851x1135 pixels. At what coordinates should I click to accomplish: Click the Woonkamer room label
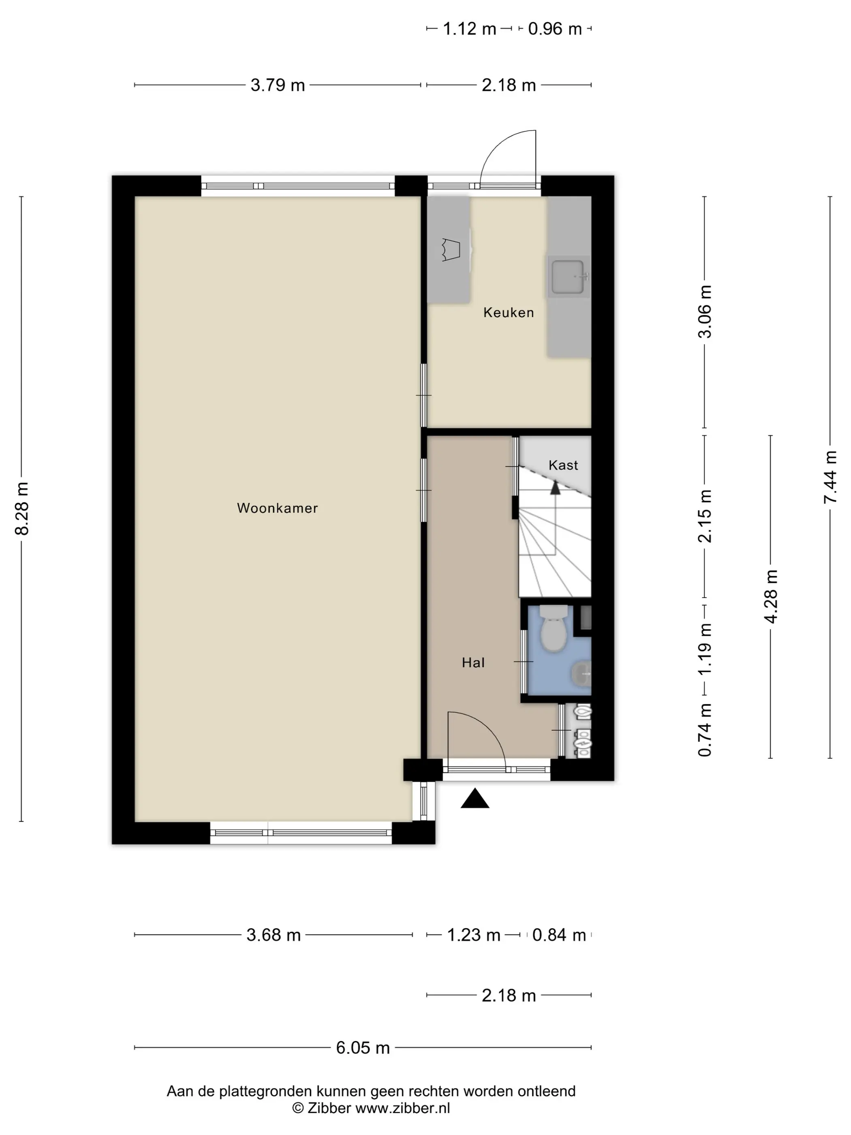(x=278, y=508)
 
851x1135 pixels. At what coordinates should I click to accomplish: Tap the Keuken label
(x=508, y=313)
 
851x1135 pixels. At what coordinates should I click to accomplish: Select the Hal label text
(x=473, y=662)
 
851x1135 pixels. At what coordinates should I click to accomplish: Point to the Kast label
(x=563, y=465)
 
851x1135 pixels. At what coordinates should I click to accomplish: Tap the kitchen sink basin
(x=568, y=277)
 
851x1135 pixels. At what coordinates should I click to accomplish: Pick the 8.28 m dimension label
(x=22, y=508)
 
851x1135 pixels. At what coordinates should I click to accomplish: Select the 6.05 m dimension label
(x=363, y=1047)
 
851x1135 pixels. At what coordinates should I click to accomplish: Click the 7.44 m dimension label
(x=830, y=477)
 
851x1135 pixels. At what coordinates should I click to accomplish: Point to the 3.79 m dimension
(x=278, y=85)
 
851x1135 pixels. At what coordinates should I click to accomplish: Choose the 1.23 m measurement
(x=473, y=935)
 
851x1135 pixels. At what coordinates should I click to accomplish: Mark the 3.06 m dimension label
(x=705, y=312)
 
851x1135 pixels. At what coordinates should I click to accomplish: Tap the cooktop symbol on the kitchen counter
(x=451, y=250)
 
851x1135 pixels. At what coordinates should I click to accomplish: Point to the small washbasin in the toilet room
(x=582, y=673)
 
